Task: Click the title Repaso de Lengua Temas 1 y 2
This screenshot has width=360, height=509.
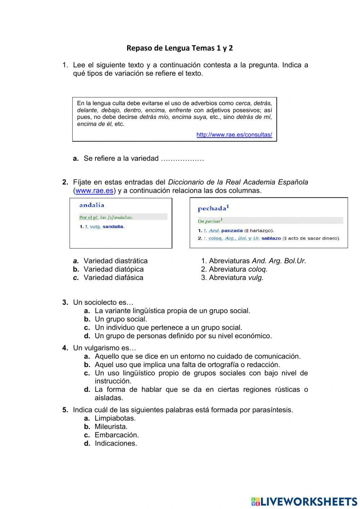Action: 180,48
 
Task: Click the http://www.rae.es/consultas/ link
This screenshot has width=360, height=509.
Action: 234,135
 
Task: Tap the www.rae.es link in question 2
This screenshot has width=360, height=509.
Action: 94,191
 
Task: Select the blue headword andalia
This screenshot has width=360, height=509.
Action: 92,205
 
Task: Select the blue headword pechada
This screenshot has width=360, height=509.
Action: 212,208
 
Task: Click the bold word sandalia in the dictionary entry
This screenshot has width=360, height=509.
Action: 113,227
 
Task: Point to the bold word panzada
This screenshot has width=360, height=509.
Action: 232,231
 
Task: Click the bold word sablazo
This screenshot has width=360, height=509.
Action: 271,238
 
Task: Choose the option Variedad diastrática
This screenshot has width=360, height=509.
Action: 116,261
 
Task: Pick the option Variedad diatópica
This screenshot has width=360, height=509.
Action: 113,269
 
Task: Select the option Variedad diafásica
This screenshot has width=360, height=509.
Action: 113,278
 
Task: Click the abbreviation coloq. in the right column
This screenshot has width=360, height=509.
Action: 258,269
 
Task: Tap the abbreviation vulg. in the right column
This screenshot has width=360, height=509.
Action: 256,278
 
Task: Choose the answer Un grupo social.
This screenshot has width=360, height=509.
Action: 121,319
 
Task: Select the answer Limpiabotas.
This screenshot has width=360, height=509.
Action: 115,418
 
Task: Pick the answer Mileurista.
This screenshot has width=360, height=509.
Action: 111,427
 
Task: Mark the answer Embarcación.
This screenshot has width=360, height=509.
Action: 117,435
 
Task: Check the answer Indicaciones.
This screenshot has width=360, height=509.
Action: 116,443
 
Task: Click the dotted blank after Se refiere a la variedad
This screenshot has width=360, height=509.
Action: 182,159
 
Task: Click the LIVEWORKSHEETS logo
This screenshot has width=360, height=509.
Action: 304,501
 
